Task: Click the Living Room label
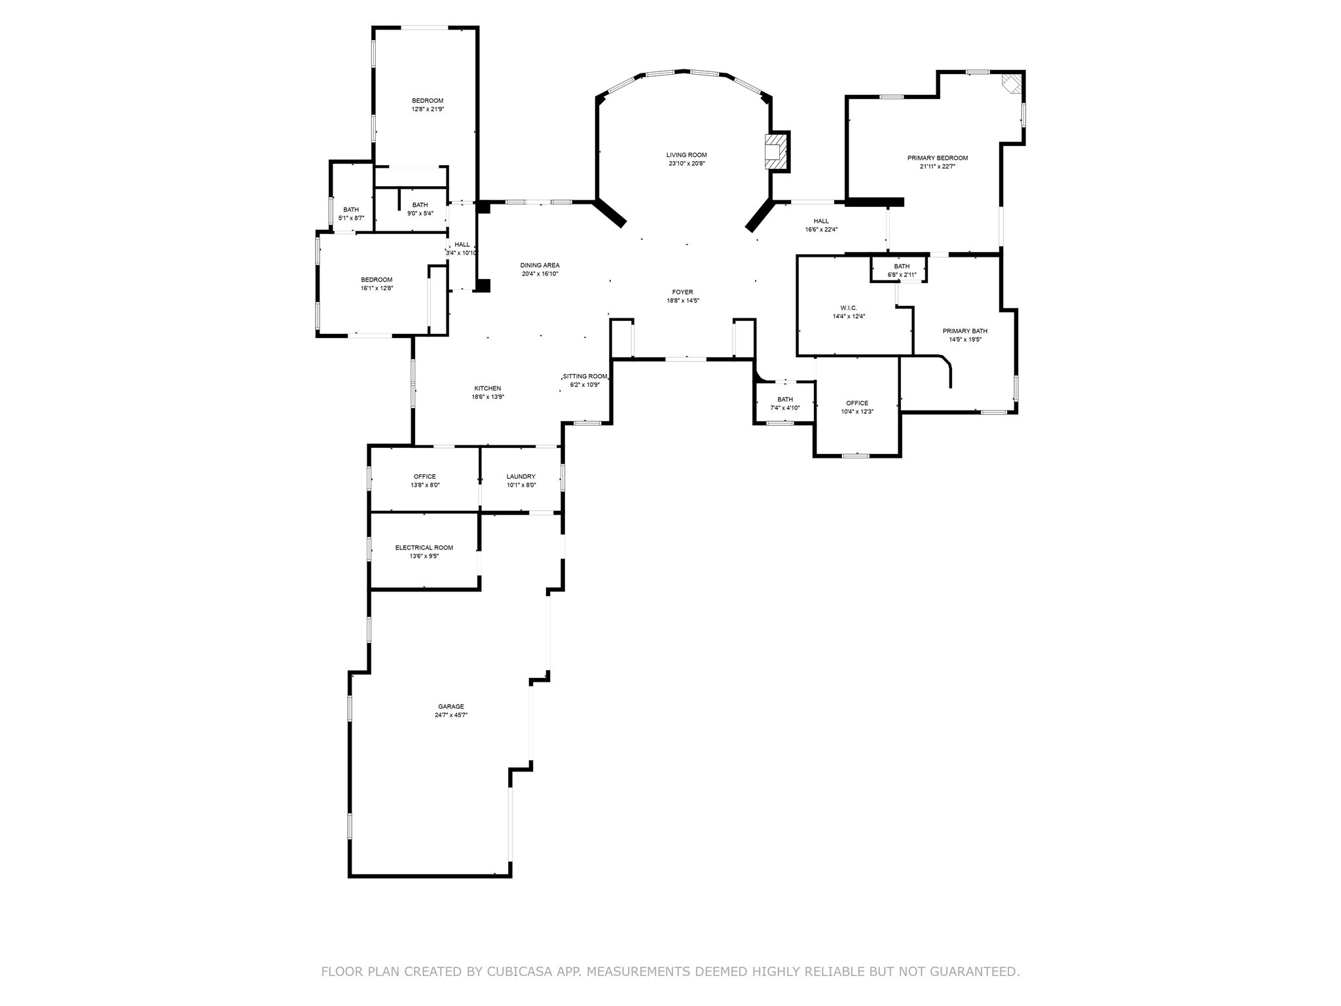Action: pos(686,155)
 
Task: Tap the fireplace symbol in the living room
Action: pos(775,151)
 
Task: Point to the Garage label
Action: pos(451,707)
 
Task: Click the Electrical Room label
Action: pos(424,548)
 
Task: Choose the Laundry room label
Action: pos(521,477)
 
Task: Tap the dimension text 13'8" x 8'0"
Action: pos(425,485)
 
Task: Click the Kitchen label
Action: pos(488,388)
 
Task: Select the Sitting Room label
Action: pos(585,377)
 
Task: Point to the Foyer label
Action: pos(682,292)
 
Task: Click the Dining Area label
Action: pos(540,265)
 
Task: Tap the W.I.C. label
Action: pos(849,308)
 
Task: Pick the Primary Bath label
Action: pos(965,331)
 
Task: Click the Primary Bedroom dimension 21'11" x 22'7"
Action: pos(938,166)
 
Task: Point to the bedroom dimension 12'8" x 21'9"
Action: pos(428,109)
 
